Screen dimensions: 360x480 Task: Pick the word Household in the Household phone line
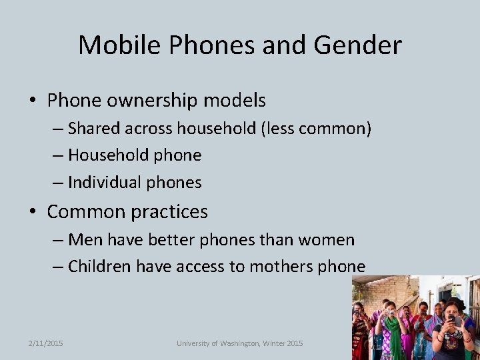pos(109,155)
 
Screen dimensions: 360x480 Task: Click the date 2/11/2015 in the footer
pos(46,343)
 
